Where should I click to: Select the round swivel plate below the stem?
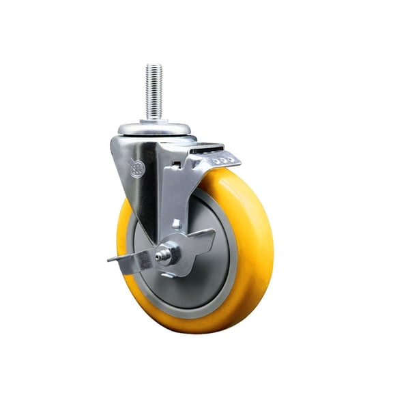[156, 128]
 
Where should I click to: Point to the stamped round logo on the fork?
[137, 166]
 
